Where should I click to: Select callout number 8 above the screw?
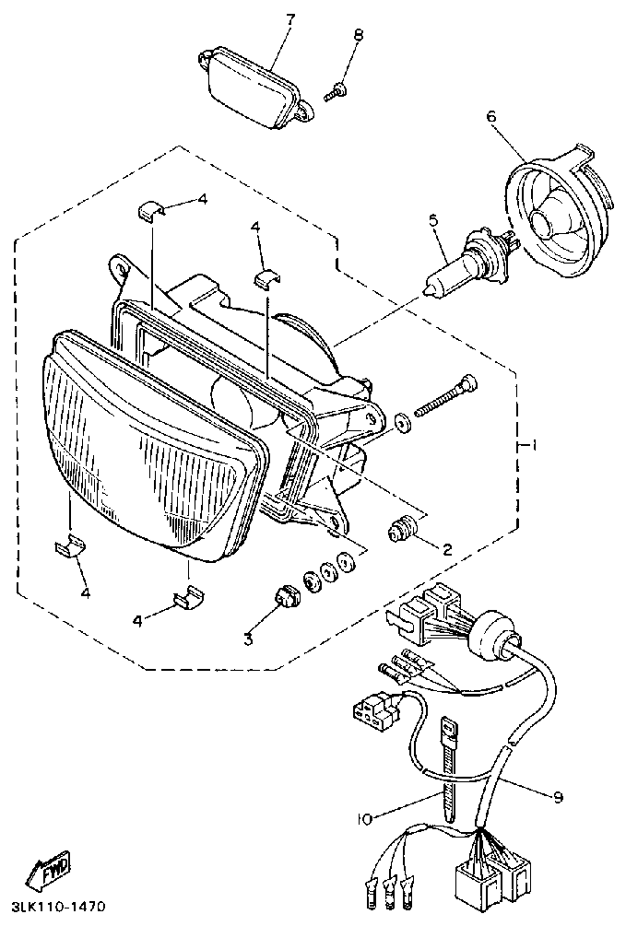click(358, 36)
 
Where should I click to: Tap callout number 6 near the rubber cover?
click(490, 117)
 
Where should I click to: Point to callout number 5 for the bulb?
click(431, 220)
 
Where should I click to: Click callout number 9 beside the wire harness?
click(559, 796)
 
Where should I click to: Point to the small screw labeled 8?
click(337, 90)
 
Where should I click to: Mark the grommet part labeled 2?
click(402, 529)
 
